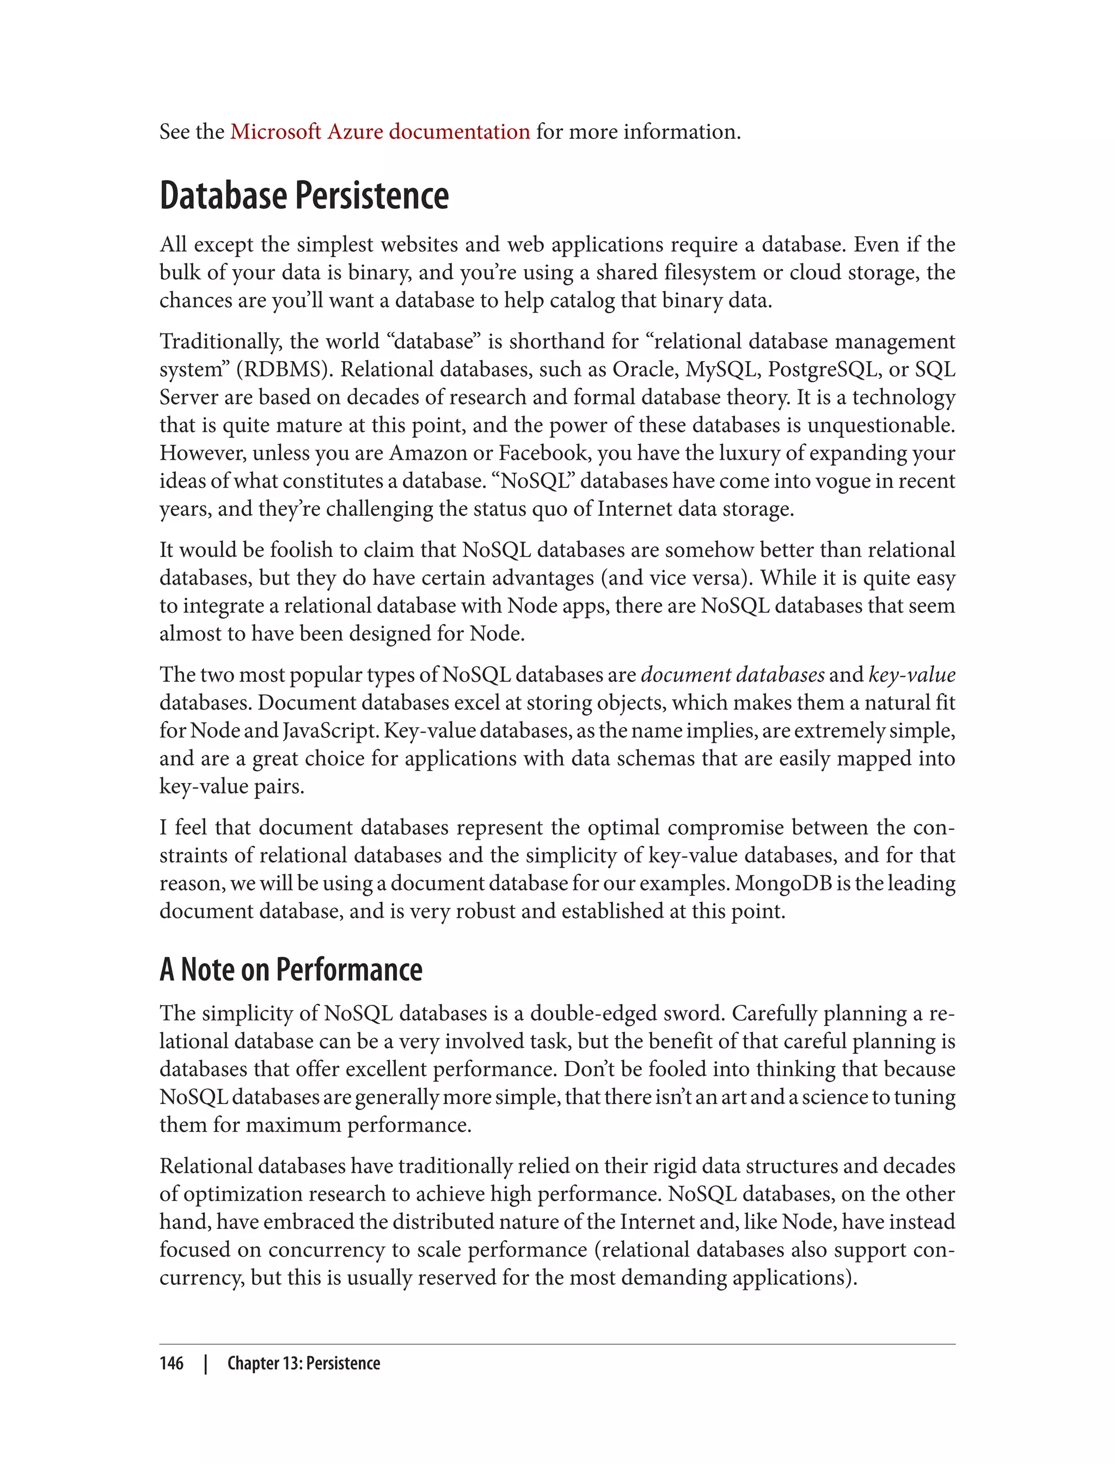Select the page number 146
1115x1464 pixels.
point(171,1363)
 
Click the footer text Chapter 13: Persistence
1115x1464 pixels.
point(303,1363)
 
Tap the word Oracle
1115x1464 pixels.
point(642,369)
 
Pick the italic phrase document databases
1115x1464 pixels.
point(733,675)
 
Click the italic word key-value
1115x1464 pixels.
point(912,675)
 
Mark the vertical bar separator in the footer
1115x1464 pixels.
point(206,1363)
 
